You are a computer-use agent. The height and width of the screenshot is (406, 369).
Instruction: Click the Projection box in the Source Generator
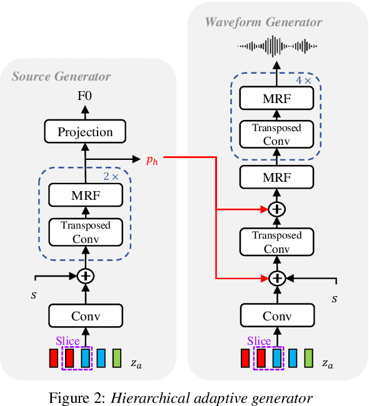click(85, 132)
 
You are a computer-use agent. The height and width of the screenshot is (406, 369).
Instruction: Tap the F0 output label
click(85, 97)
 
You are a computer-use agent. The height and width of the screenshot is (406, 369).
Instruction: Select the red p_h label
click(152, 160)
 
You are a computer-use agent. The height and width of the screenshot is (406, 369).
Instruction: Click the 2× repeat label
click(111, 177)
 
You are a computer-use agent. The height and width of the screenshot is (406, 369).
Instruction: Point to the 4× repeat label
click(303, 81)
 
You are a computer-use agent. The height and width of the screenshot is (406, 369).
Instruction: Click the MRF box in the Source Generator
click(85, 196)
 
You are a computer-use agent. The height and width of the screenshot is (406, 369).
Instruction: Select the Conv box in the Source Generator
click(85, 315)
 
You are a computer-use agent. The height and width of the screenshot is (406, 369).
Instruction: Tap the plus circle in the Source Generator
click(85, 276)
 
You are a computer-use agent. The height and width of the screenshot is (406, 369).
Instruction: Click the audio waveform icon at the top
click(276, 46)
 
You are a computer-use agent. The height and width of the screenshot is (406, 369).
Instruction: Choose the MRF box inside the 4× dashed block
click(276, 98)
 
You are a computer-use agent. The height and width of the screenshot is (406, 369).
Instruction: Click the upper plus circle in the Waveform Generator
click(276, 210)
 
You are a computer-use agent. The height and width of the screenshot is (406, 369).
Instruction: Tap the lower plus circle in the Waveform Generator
click(276, 278)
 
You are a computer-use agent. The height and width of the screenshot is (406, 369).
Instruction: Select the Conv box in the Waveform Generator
click(276, 315)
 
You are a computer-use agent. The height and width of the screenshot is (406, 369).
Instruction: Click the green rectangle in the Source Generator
click(116, 359)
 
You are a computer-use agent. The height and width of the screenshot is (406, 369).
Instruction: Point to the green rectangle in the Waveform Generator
click(308, 359)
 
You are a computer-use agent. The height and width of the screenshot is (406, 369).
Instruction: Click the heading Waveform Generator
click(263, 22)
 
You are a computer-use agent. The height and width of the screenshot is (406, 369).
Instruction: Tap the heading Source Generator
click(61, 76)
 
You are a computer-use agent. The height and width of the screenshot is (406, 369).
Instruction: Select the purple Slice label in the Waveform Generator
click(259, 341)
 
